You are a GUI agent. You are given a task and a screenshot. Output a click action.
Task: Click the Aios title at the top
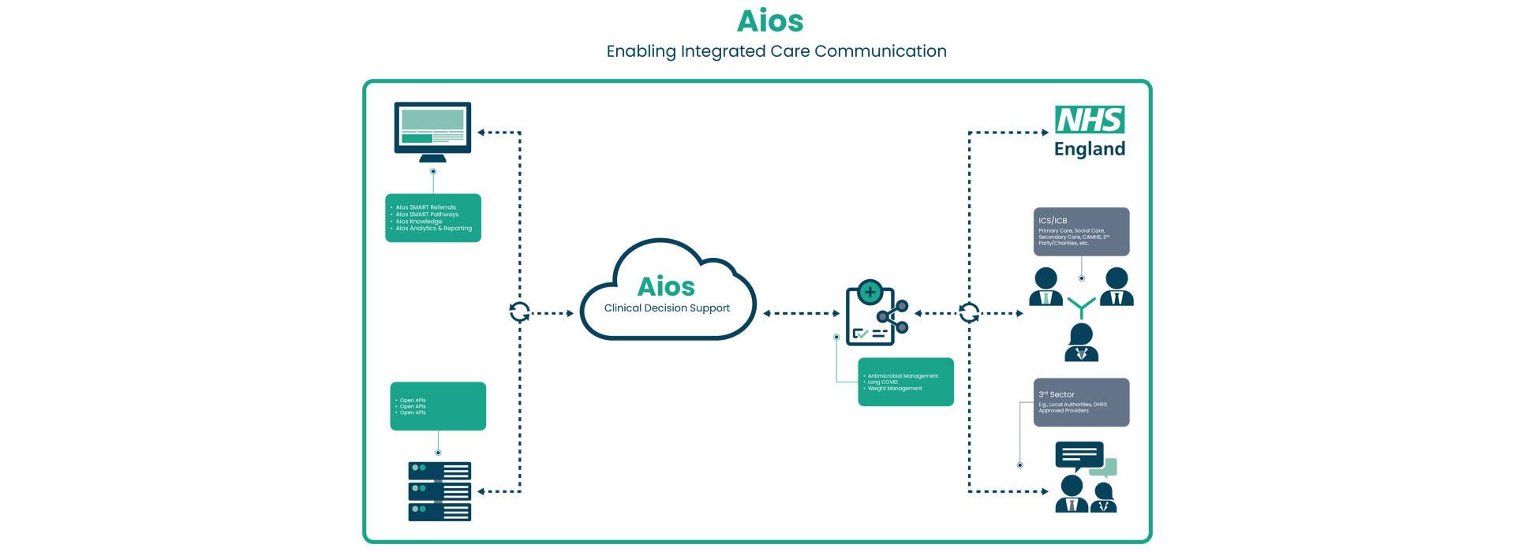click(770, 21)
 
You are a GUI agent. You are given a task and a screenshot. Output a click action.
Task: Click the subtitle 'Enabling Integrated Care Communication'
click(776, 51)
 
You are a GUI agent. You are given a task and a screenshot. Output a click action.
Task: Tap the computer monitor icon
click(432, 129)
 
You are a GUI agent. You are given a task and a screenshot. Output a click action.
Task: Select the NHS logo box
click(1090, 120)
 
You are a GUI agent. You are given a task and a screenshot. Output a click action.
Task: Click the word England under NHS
click(1090, 149)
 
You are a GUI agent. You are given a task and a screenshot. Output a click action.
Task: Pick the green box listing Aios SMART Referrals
click(433, 218)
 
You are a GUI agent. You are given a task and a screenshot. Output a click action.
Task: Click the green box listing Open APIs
click(438, 406)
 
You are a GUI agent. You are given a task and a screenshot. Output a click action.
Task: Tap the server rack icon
click(440, 491)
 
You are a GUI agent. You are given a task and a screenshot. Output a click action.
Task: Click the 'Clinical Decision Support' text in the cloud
click(667, 308)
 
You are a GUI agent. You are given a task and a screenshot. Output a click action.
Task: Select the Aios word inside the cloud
click(666, 286)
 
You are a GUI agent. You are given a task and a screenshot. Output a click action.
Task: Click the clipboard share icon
click(874, 313)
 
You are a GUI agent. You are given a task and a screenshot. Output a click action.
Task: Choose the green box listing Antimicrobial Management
click(906, 382)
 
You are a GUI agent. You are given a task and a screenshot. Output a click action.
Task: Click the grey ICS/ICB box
click(1081, 232)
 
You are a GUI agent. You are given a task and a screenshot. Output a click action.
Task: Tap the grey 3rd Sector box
click(1081, 402)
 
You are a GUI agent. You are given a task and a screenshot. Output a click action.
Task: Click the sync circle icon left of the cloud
click(519, 312)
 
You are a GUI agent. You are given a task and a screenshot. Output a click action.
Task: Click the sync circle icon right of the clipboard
click(969, 313)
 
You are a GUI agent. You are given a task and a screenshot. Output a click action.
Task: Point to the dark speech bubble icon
click(1079, 455)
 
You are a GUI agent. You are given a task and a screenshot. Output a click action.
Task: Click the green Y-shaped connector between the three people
click(1081, 307)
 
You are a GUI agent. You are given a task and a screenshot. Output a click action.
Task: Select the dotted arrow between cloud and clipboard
click(801, 313)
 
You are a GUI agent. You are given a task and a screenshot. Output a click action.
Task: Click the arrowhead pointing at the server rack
click(481, 491)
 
